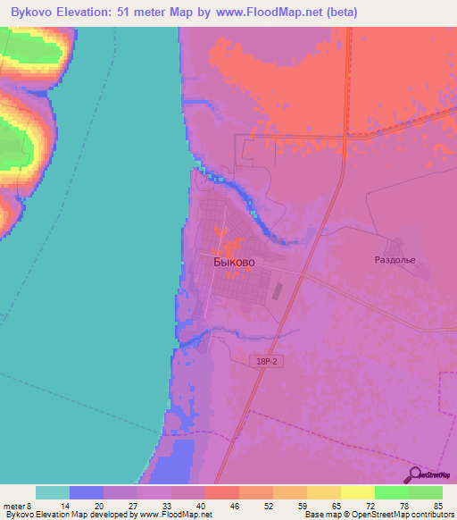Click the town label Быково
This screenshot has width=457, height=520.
pos(235,263)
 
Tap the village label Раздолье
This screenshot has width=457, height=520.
pos(395,260)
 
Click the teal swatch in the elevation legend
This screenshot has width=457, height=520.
pos(53,491)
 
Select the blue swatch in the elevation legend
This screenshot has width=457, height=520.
pos(87,491)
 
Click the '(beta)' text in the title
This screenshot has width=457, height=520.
pos(368,13)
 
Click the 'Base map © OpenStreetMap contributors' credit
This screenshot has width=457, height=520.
pos(380,515)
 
